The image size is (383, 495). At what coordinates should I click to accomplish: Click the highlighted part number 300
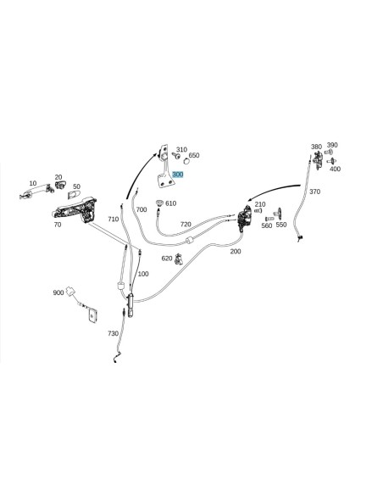(178, 175)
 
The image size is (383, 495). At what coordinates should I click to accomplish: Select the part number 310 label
(181, 149)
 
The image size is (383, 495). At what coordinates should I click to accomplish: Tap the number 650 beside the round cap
(194, 155)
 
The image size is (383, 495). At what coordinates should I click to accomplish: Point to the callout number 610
(170, 203)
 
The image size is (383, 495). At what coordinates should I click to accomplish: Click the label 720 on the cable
(186, 224)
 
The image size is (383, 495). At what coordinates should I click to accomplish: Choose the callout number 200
(236, 251)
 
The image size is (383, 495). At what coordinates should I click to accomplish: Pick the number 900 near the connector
(58, 292)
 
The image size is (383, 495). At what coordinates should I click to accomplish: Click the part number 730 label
(113, 333)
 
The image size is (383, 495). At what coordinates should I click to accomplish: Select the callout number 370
(314, 192)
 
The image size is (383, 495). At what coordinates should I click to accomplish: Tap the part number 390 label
(332, 145)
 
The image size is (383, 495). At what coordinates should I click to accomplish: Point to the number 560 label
(267, 225)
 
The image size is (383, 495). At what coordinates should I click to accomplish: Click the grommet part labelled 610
(159, 203)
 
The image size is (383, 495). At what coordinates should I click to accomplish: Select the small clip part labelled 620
(179, 259)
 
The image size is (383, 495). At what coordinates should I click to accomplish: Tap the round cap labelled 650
(186, 161)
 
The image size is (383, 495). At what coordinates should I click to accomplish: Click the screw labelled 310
(175, 155)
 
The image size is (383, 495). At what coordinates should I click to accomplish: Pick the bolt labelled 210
(258, 210)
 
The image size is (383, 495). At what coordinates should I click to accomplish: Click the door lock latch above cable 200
(244, 218)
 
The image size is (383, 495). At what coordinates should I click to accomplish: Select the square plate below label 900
(92, 315)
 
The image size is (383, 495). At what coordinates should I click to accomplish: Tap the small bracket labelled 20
(60, 185)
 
